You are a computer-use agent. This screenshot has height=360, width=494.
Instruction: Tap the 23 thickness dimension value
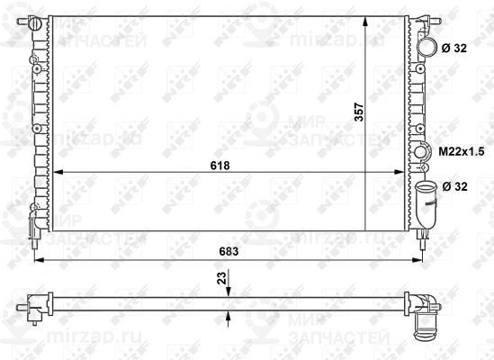(220, 279)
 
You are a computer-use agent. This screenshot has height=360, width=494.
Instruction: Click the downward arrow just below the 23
(230, 289)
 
